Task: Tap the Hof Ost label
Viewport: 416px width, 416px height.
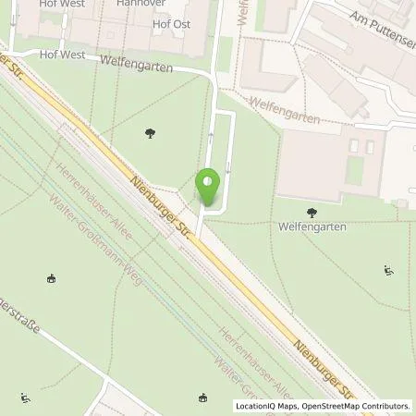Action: click(171, 24)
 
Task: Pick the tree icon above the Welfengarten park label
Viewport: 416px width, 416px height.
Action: click(309, 213)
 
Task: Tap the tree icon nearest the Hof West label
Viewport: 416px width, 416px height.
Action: click(149, 135)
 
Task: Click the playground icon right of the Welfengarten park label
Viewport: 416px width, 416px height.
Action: click(388, 270)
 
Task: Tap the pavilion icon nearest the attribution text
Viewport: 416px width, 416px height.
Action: click(202, 398)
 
